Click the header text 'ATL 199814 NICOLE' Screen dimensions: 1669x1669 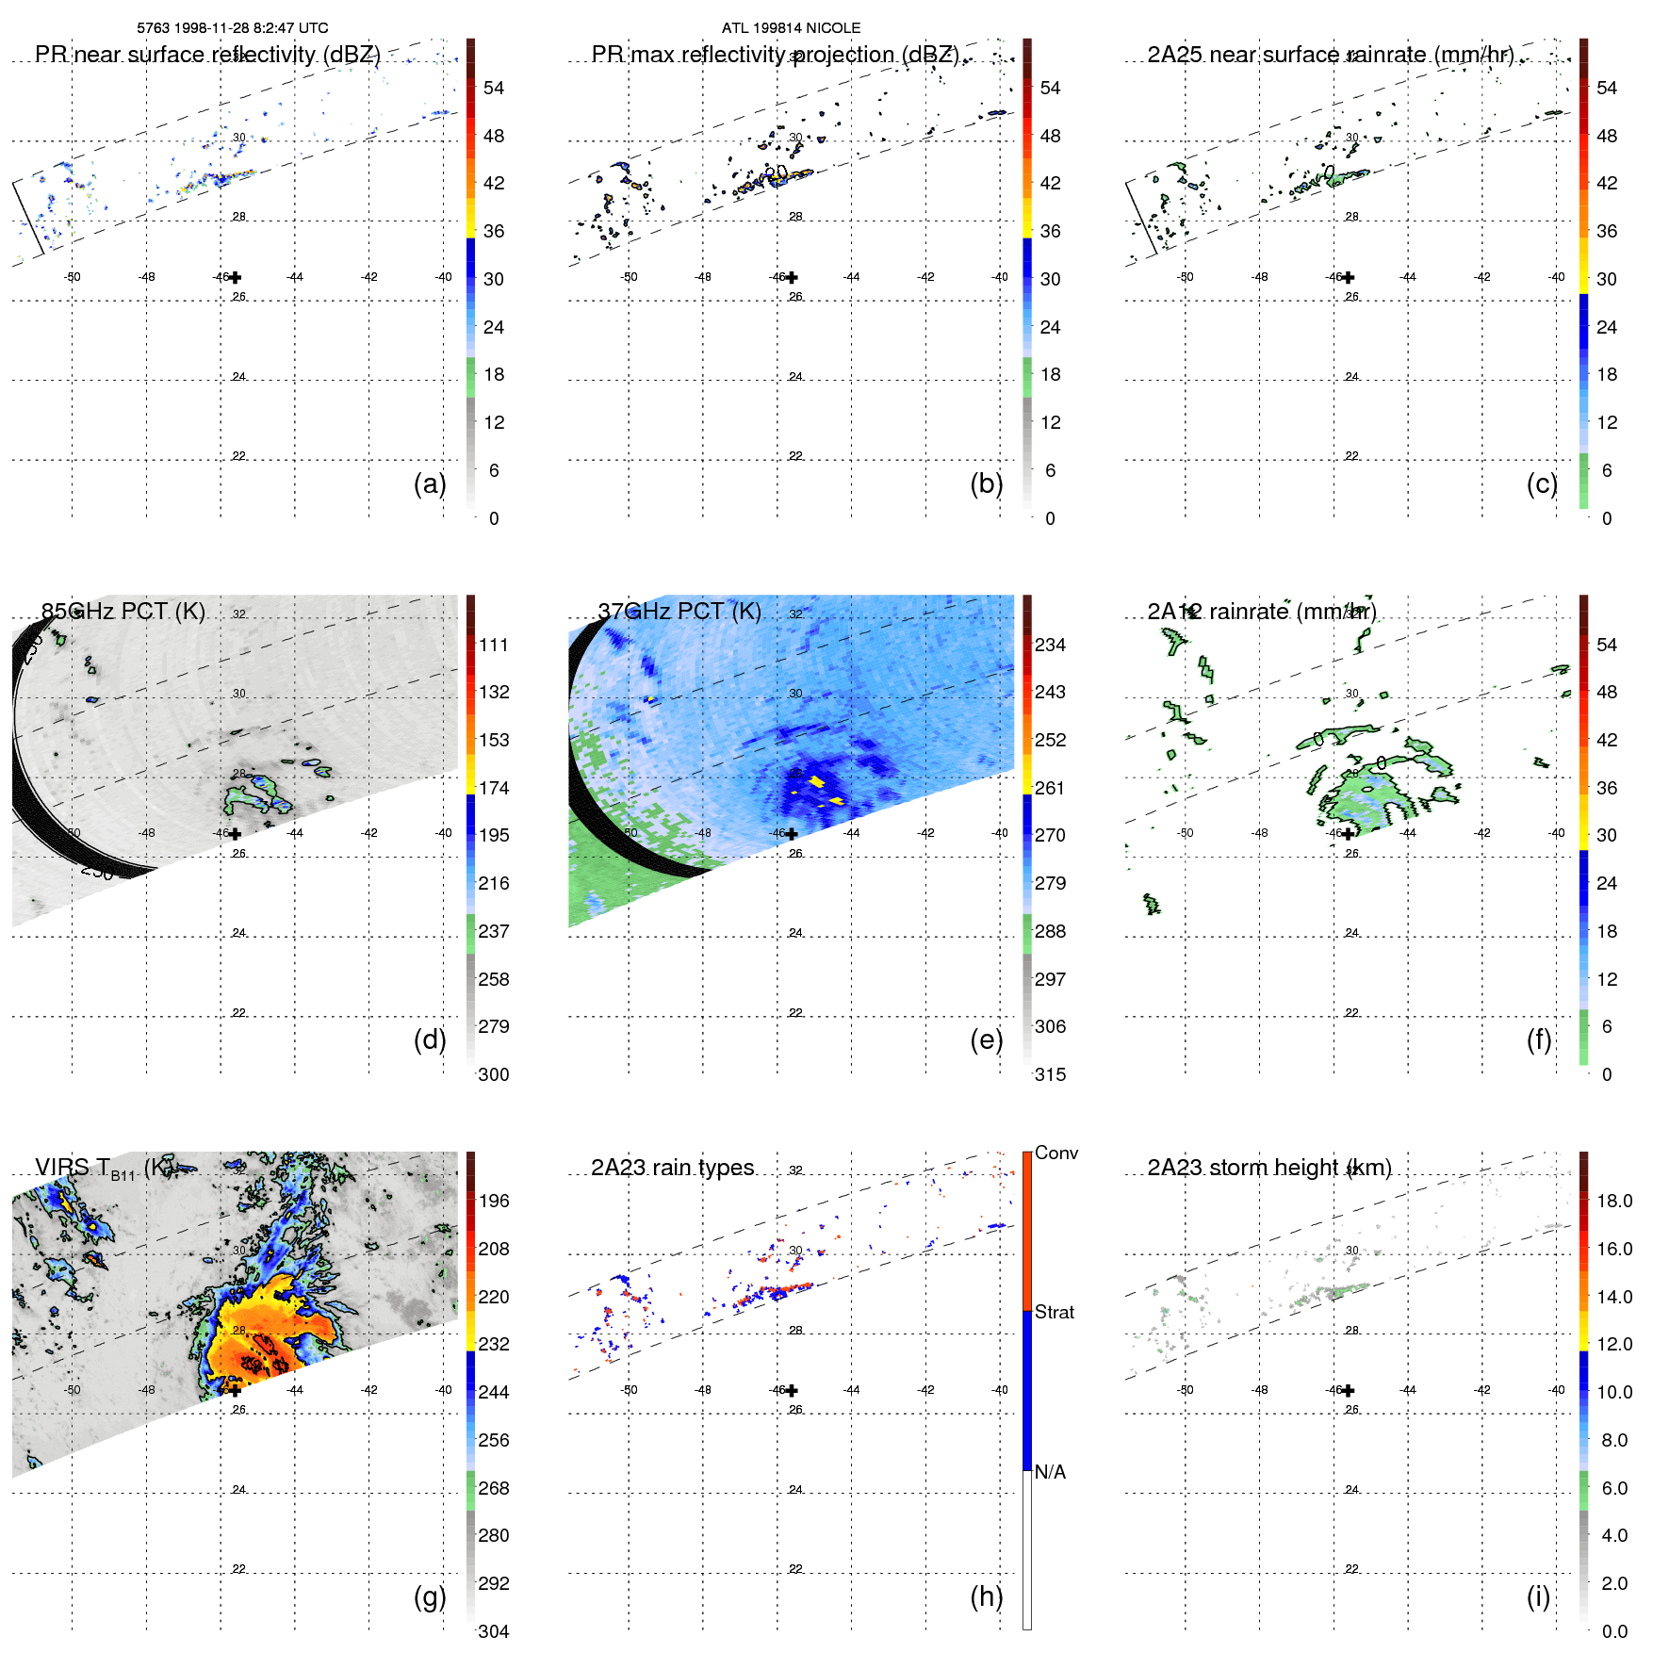(x=791, y=28)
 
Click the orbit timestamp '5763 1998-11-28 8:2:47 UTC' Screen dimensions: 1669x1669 (x=233, y=28)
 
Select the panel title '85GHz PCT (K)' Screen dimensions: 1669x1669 (x=123, y=612)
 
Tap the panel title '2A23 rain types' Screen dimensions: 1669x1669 (x=673, y=1168)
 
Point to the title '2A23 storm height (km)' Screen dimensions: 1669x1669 (x=1269, y=1168)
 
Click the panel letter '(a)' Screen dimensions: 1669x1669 (x=430, y=483)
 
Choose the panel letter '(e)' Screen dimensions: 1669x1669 (x=987, y=1039)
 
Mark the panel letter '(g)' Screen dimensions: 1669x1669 (x=430, y=1596)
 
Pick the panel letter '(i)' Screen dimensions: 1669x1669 (x=1538, y=1596)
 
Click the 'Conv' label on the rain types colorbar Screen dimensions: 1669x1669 (x=1056, y=1153)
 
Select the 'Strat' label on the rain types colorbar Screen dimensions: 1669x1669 (x=1055, y=1312)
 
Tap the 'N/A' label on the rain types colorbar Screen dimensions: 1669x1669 (x=1050, y=1472)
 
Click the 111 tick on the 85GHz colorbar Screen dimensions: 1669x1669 (x=494, y=645)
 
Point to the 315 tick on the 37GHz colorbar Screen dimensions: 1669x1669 (x=1050, y=1074)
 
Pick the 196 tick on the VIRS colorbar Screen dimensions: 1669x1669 (x=494, y=1201)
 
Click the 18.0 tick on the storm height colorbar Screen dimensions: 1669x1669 (x=1614, y=1201)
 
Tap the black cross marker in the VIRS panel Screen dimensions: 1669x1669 (x=236, y=1390)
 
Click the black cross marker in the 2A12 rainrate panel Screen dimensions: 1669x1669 (x=1349, y=833)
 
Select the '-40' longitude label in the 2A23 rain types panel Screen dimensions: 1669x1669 (x=1000, y=1390)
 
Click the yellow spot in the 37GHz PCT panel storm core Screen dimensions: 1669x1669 (x=816, y=782)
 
